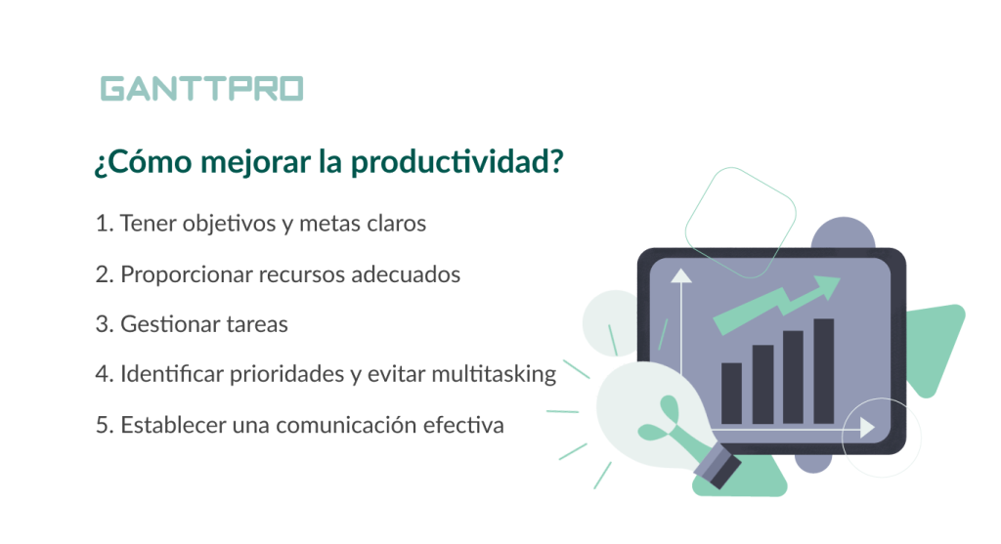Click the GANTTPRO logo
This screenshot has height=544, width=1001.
[201, 89]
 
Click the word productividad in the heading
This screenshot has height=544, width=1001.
[457, 162]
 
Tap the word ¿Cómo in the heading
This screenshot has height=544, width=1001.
[143, 161]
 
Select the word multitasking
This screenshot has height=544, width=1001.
[494, 374]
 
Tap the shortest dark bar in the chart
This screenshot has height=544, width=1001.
[731, 393]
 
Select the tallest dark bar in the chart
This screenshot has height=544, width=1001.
[824, 370]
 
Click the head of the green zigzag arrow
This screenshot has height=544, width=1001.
[827, 287]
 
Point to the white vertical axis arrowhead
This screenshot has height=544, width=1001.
[681, 275]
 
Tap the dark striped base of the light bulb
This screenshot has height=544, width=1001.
[718, 466]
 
